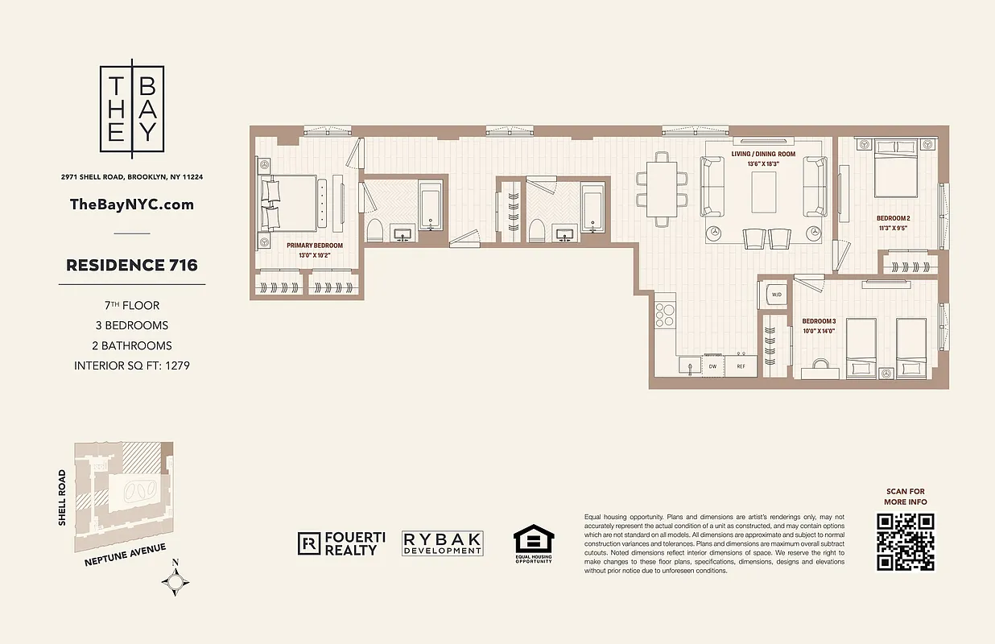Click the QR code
coord(906,541)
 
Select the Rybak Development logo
coord(443,544)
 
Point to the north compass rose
coord(175,580)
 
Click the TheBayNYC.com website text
coord(132,204)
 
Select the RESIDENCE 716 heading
coord(132,265)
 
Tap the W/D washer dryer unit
coord(777,295)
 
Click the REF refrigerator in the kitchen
coord(740,366)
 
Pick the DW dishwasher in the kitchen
coord(712,366)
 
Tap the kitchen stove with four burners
coord(665,314)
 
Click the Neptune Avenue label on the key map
coord(125,555)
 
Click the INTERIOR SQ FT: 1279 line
coord(132,365)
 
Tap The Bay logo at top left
coord(132,109)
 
